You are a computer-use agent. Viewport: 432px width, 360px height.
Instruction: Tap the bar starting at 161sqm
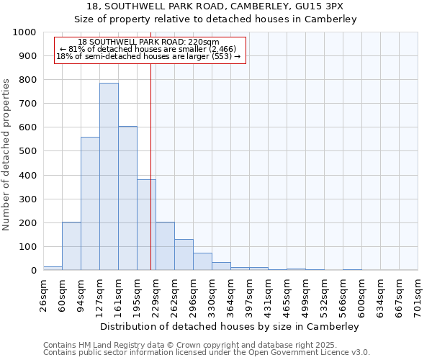pyautogui.click(x=127, y=198)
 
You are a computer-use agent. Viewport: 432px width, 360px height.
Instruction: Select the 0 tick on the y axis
pyautogui.click(x=33, y=271)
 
